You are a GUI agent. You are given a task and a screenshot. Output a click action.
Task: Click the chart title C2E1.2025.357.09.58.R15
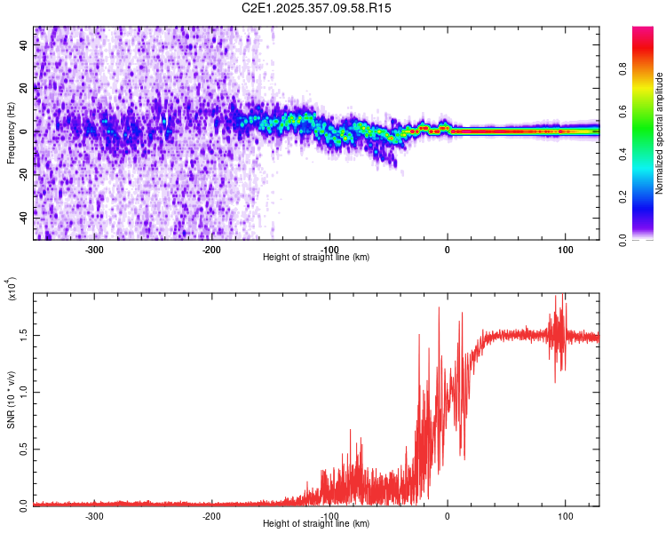click(x=317, y=8)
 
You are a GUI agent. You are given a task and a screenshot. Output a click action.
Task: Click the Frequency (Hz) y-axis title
click(x=11, y=132)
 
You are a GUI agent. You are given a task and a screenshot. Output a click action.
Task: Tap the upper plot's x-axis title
click(x=316, y=257)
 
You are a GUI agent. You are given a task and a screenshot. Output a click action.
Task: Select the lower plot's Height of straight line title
click(x=316, y=523)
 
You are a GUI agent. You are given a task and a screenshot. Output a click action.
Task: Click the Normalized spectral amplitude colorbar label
click(x=660, y=132)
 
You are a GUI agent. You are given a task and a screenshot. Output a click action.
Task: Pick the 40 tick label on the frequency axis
click(x=24, y=46)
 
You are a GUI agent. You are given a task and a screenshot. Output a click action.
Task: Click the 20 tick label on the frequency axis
click(x=24, y=89)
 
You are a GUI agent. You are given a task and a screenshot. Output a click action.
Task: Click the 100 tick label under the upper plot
click(x=566, y=250)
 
